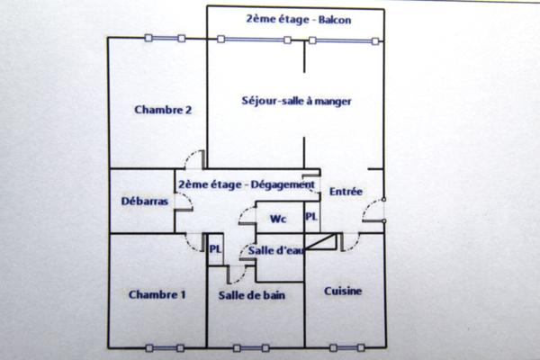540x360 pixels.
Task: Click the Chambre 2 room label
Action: click(164, 110)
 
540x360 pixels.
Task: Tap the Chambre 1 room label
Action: click(157, 294)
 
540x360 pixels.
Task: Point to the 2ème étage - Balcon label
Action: click(285, 19)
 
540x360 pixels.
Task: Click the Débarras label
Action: click(144, 202)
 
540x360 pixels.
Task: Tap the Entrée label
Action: click(346, 192)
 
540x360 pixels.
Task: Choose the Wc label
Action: click(278, 219)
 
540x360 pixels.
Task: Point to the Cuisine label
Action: click(343, 291)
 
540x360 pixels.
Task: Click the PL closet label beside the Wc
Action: click(311, 218)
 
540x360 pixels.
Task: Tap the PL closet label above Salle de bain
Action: click(216, 249)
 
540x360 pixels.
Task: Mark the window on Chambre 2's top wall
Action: click(164, 38)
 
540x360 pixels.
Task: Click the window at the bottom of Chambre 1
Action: click(164, 347)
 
